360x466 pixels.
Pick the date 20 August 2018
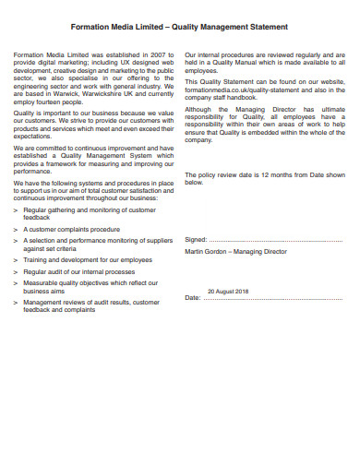(x=228, y=291)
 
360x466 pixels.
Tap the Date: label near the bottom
(x=192, y=298)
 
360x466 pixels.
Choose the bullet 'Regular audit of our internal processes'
(x=78, y=272)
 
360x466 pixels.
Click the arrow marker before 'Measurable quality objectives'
(x=16, y=283)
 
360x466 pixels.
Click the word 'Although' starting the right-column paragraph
(x=199, y=109)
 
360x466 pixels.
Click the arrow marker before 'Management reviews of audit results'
(x=16, y=303)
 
